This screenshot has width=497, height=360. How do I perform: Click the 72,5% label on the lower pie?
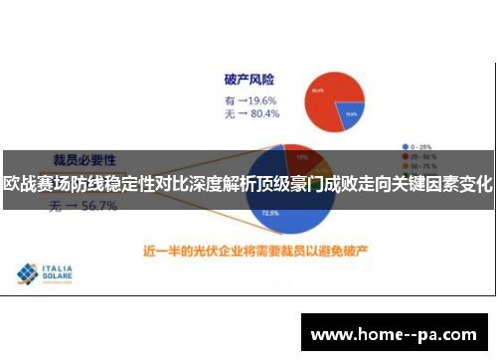tap(269, 213)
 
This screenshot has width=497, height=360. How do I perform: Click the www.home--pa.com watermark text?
tap(395, 335)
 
